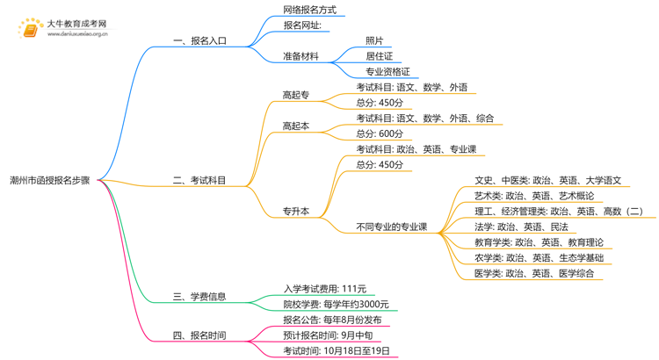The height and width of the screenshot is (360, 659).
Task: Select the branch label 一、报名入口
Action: coord(199,40)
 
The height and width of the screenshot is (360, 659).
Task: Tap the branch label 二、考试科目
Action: coord(199,180)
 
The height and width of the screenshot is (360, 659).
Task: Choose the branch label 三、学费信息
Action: coord(199,296)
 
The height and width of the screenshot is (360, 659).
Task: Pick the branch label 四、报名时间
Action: coord(199,335)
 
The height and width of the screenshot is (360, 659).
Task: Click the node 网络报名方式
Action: coord(309,11)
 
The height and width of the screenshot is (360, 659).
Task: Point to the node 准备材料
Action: coord(301,56)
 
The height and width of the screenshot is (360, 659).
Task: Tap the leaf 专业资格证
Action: coord(387,72)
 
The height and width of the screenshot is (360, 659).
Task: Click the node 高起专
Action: coord(295,95)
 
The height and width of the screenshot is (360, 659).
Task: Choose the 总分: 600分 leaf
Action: coord(380,133)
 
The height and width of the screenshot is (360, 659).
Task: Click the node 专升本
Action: coord(295,212)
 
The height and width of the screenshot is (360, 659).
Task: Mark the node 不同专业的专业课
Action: coord(391,227)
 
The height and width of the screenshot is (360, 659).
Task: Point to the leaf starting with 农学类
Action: coord(539,257)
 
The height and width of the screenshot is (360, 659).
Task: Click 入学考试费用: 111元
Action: coord(325,288)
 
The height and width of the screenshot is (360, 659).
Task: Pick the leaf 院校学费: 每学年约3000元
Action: coord(336,304)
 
